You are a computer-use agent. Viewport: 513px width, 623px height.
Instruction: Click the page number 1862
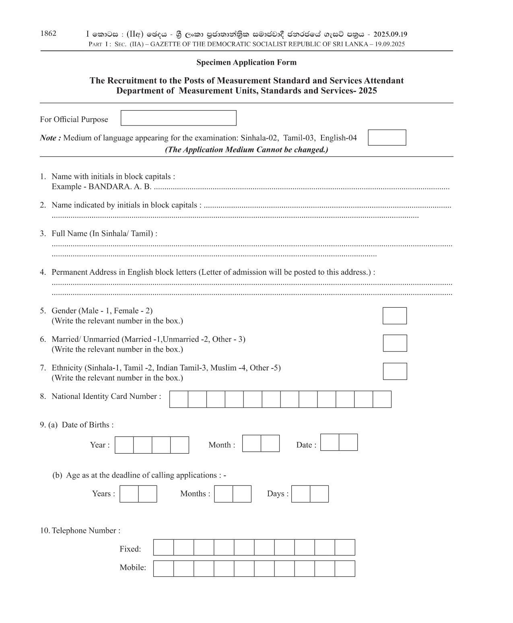(48, 33)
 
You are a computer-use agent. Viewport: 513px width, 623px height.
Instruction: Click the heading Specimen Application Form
(246, 62)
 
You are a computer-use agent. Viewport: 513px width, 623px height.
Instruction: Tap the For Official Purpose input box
(178, 118)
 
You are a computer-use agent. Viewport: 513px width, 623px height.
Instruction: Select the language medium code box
(387, 138)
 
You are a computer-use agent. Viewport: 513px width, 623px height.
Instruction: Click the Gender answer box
(394, 316)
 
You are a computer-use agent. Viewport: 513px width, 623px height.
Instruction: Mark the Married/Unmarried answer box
(394, 343)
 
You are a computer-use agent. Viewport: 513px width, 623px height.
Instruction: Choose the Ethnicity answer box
(394, 371)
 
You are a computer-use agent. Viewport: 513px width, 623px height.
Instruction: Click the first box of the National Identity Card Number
(179, 399)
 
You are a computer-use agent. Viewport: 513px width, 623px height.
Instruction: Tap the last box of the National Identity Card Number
(382, 399)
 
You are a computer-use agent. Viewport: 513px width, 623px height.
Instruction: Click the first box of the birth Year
(124, 445)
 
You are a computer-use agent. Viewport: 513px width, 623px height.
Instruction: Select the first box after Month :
(251, 443)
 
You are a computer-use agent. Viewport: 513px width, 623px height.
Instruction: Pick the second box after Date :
(348, 442)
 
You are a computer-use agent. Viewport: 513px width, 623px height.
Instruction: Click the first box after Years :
(129, 494)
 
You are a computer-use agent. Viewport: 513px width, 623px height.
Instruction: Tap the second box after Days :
(319, 494)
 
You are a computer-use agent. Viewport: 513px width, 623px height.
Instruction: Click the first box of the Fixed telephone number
(163, 547)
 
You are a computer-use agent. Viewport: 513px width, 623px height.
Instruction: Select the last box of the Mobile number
(345, 569)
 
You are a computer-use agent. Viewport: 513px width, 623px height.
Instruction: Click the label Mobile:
(133, 567)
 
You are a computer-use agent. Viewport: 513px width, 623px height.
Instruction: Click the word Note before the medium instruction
(48, 138)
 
